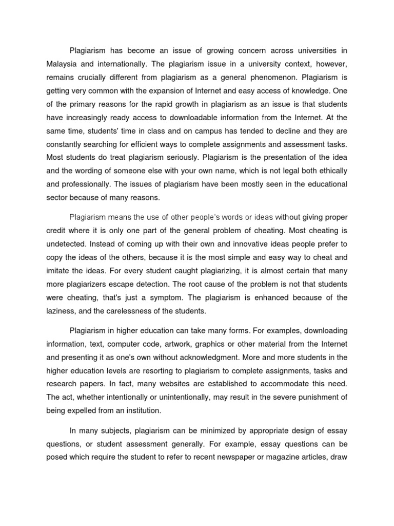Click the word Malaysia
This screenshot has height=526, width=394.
point(62,65)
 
